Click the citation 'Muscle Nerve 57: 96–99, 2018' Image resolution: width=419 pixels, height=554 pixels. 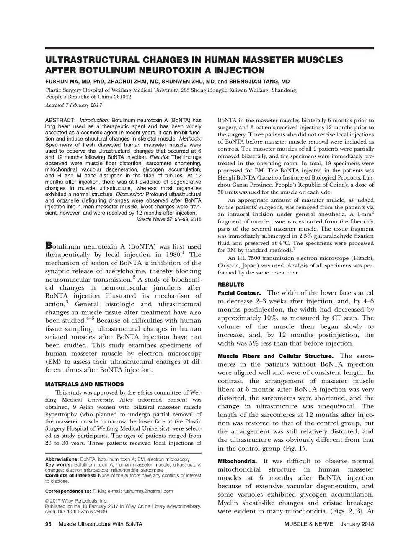point(169,219)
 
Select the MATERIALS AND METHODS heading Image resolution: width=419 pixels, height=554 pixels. point(84,384)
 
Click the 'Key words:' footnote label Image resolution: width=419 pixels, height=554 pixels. point(59,465)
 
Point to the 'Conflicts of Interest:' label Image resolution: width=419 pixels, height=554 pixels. point(70,476)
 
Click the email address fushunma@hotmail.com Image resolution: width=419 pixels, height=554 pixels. point(146,491)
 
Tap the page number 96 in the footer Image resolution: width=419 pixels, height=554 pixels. point(48,524)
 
